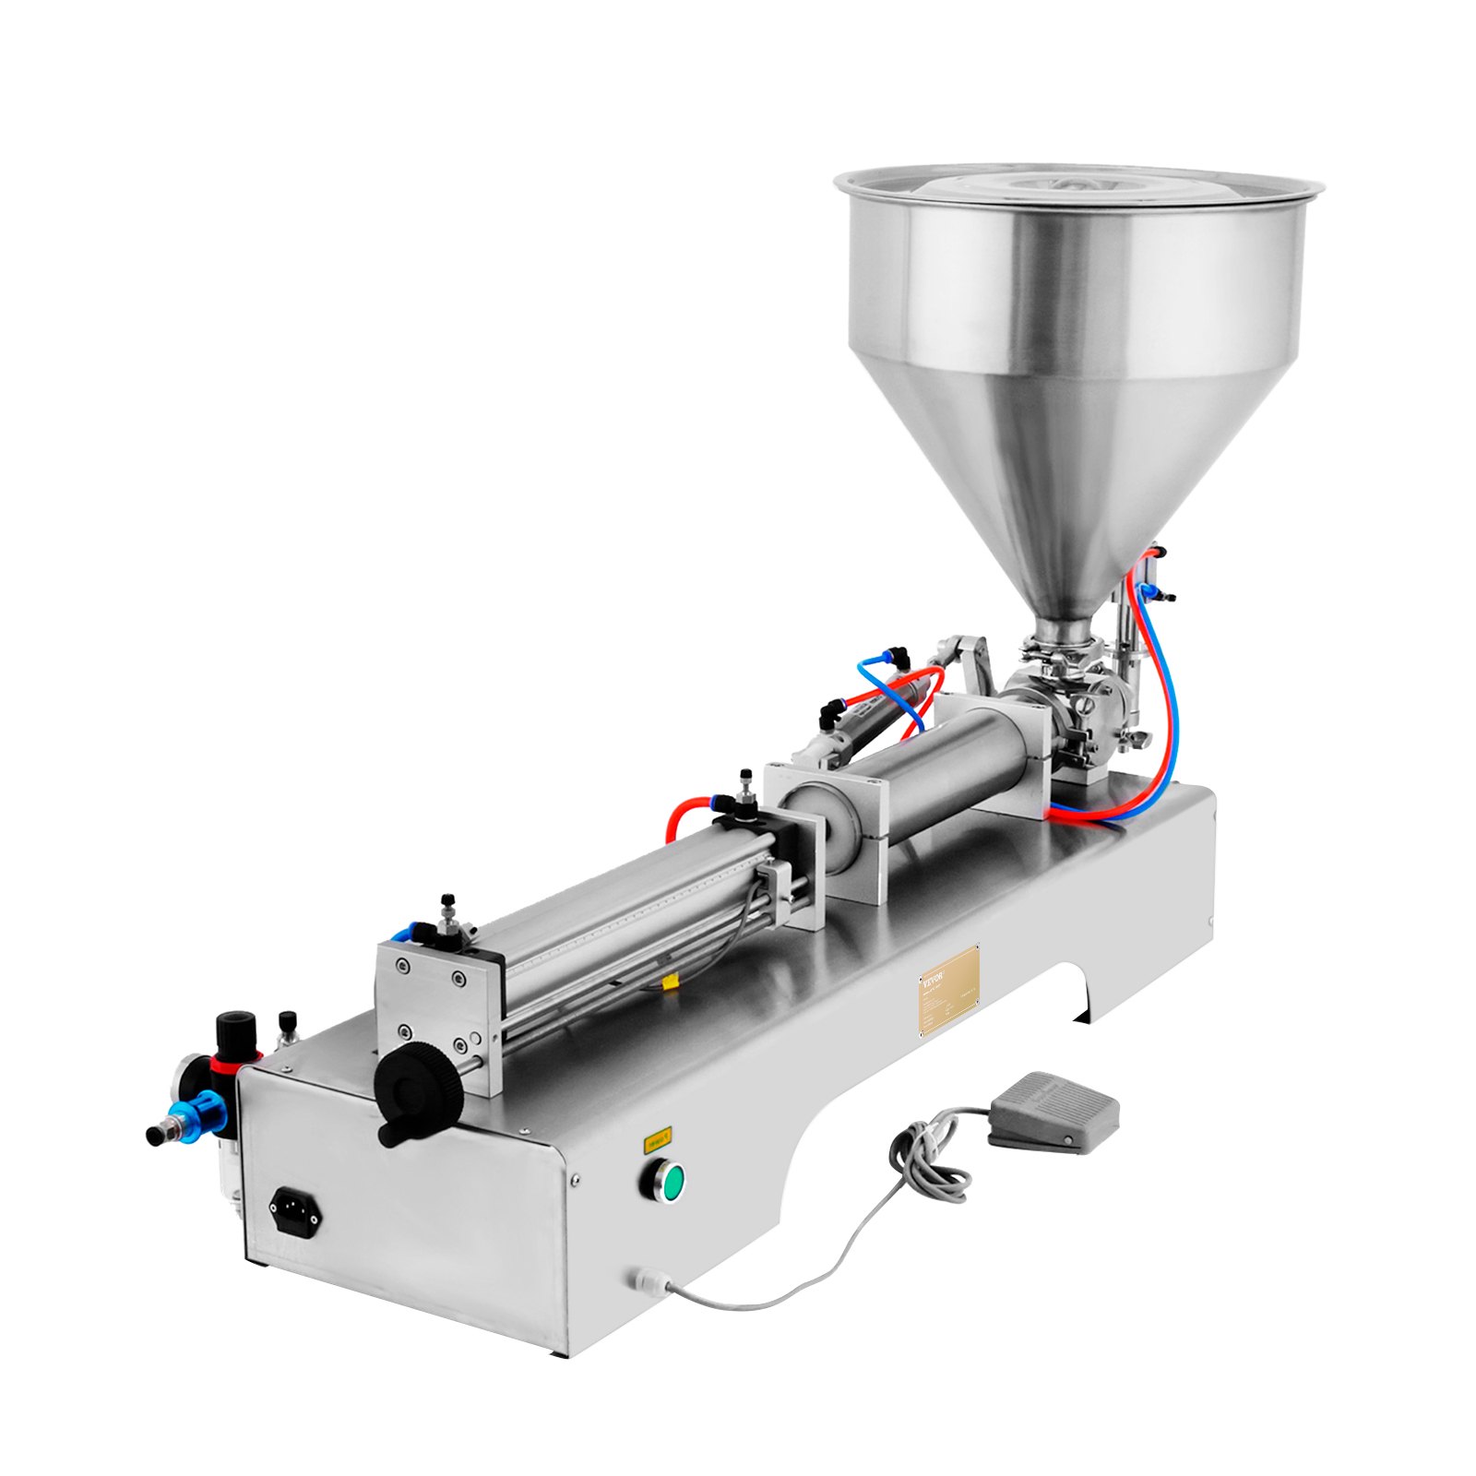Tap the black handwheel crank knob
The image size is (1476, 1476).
421,1098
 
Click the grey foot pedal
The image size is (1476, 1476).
1053,1110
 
